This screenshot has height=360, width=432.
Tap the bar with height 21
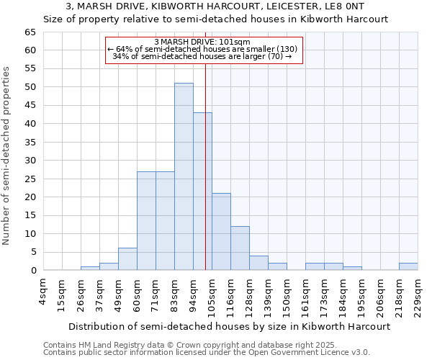point(221,231)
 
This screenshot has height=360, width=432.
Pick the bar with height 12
point(240,248)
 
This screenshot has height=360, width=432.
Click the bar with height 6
point(127,259)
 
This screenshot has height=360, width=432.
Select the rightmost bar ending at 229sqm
point(408,266)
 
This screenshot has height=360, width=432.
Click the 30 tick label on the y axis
point(30,161)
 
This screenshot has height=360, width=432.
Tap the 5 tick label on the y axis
point(33,252)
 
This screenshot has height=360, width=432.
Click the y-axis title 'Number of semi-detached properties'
point(6,156)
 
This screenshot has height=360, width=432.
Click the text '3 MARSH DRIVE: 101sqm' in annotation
point(202,42)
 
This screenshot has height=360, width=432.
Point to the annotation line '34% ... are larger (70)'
point(202,56)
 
